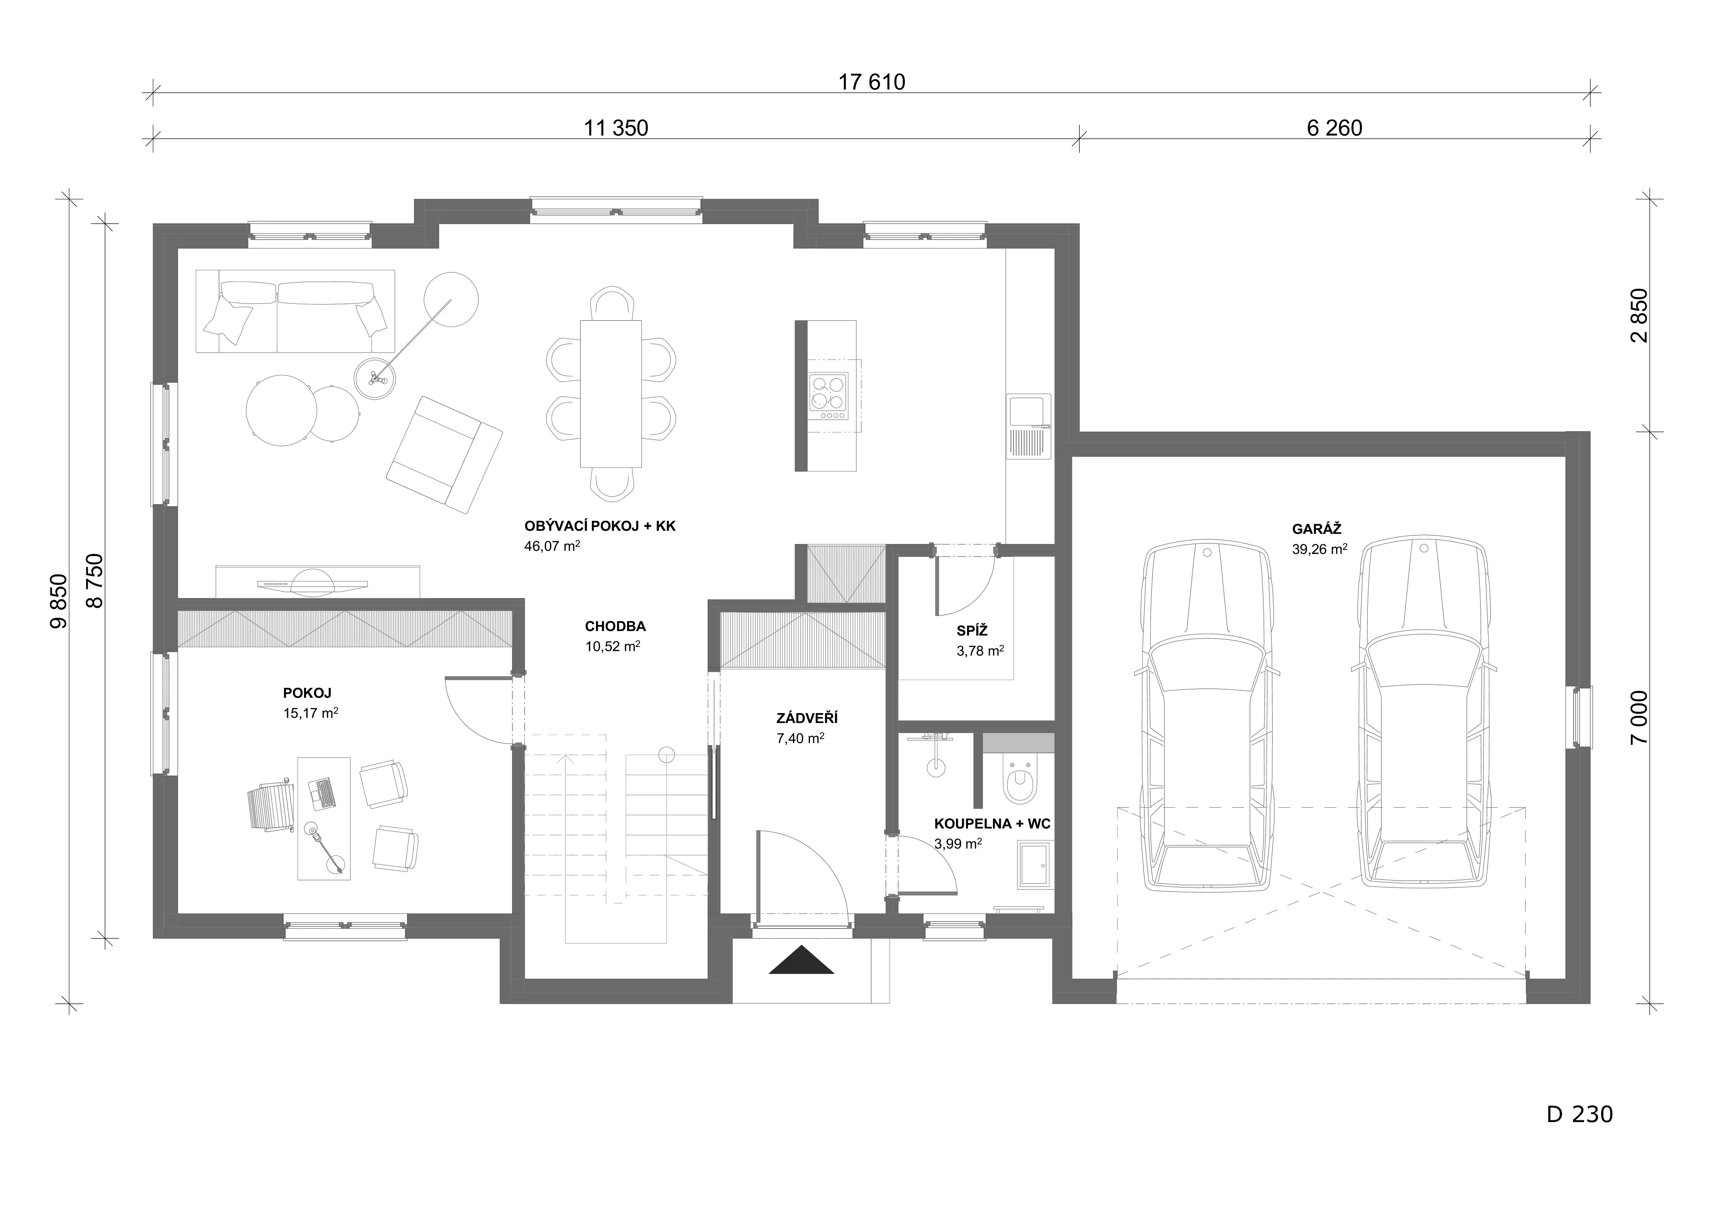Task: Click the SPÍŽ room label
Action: pos(972,631)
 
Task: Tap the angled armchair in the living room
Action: pos(444,454)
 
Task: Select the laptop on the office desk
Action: pos(322,794)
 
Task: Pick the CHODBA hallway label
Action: pos(615,627)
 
